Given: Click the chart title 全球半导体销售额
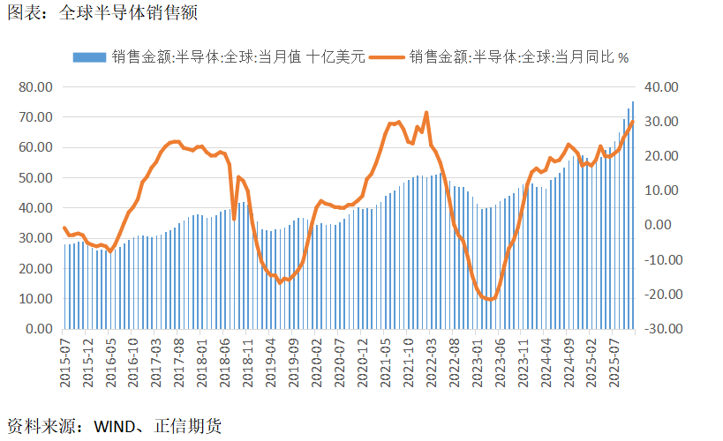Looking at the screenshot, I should (x=127, y=13).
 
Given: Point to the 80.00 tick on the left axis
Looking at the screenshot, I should (x=36, y=87).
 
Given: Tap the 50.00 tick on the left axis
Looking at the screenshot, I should (x=36, y=178).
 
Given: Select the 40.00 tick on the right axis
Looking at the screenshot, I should (x=661, y=87).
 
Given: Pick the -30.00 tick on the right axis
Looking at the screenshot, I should (x=659, y=329).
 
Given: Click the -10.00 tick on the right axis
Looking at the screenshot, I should (x=659, y=260).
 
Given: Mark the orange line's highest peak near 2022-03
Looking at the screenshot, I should (x=426, y=113).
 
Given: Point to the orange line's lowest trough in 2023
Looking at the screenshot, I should (x=491, y=300).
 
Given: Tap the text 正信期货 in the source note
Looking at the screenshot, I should (x=187, y=427).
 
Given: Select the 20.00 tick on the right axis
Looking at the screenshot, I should (x=661, y=156).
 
